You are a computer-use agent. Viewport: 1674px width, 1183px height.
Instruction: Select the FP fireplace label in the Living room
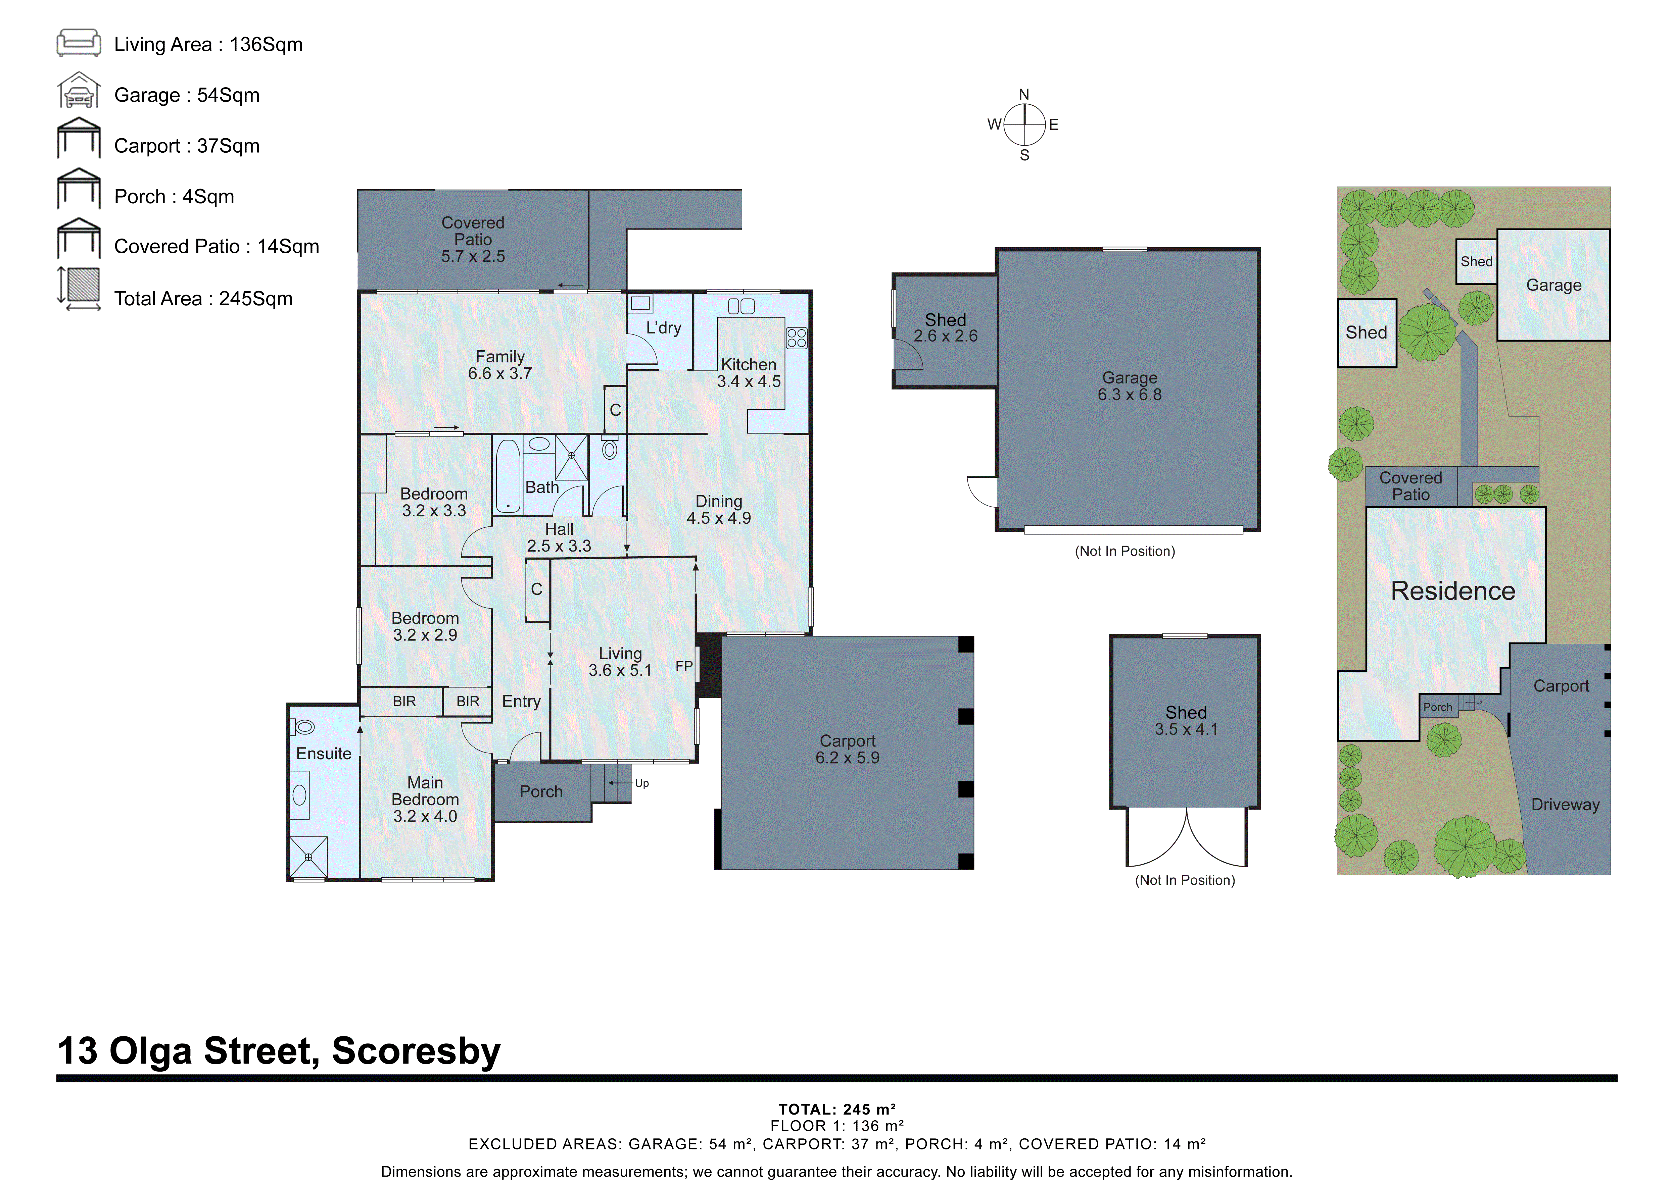point(683,666)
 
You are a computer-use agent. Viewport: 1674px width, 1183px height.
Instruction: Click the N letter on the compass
point(1024,95)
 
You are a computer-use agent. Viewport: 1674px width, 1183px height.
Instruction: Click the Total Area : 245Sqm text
point(203,299)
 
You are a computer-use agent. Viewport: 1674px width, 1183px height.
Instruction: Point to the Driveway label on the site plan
point(1565,805)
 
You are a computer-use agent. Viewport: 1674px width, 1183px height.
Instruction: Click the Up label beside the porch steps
point(641,783)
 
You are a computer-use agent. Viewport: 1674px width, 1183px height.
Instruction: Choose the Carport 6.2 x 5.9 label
point(847,749)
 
